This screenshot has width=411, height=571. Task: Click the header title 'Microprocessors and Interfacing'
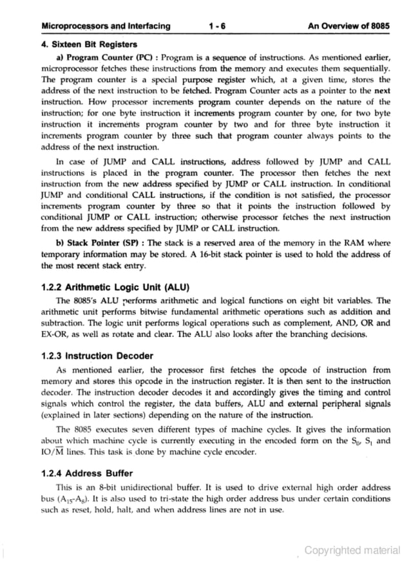click(105, 26)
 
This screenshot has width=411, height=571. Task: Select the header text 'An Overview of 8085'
click(349, 26)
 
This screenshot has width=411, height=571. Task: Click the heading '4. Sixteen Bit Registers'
click(89, 44)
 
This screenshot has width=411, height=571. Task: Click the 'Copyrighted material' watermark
click(352, 550)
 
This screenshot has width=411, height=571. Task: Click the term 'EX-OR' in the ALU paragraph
click(55, 334)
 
